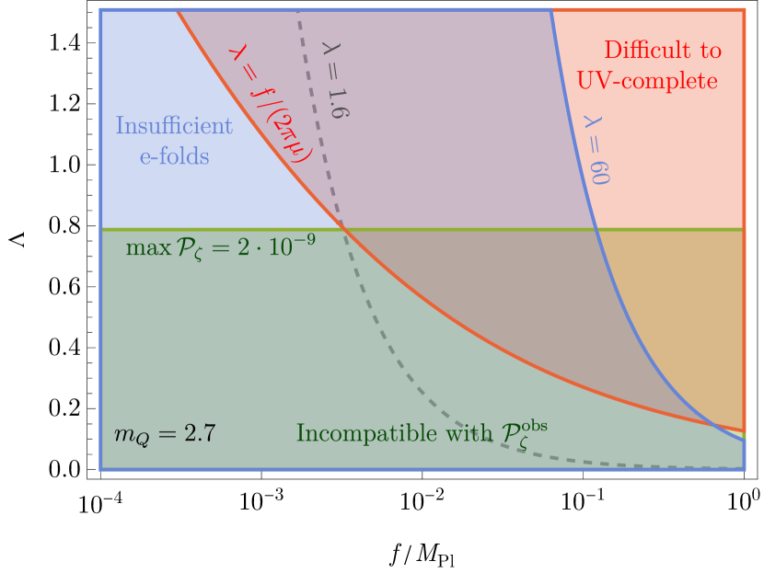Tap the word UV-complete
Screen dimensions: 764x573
click(647, 81)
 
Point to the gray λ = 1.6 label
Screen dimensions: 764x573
click(335, 78)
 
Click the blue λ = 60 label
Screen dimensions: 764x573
click(596, 149)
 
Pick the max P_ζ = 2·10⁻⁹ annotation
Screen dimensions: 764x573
click(221, 246)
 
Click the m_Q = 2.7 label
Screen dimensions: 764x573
click(165, 433)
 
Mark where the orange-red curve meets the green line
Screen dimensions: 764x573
click(342, 228)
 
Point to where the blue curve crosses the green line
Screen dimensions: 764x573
click(595, 228)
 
